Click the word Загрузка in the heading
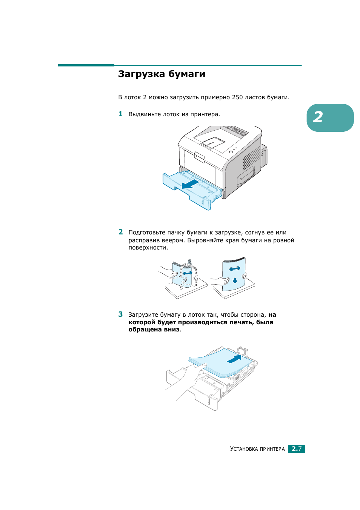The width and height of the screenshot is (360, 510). [x=142, y=74]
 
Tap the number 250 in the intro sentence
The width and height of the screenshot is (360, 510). [x=237, y=97]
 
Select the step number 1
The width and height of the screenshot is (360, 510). [x=120, y=114]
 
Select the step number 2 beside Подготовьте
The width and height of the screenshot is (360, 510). [x=120, y=232]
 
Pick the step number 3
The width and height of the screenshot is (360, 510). [x=120, y=314]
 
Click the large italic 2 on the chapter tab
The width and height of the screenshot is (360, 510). [x=318, y=117]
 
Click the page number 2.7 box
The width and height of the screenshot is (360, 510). [x=297, y=448]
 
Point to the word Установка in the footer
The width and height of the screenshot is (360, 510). [x=244, y=449]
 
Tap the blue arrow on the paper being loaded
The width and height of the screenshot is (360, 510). [x=234, y=359]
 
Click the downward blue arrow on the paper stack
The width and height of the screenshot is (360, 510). [x=235, y=280]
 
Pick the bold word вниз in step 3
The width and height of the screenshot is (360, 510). [x=172, y=330]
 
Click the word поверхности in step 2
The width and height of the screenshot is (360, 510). [x=147, y=248]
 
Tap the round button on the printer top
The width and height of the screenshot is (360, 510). [x=231, y=151]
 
